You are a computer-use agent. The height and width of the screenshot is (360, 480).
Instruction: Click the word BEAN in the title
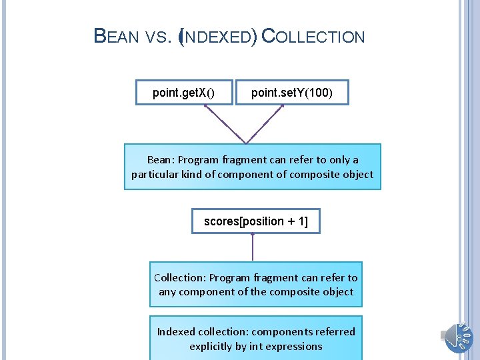coord(116,37)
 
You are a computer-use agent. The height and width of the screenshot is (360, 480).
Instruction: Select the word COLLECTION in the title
coord(313,37)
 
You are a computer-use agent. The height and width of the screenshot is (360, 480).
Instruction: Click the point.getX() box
coord(183,93)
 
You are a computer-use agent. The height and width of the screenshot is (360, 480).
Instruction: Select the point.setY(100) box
coord(291,93)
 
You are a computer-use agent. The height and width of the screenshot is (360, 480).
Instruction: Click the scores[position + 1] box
coord(255,221)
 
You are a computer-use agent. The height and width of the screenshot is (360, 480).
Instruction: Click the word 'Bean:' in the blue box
coord(159,160)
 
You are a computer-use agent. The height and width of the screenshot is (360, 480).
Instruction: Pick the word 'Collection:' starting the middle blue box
coord(180,277)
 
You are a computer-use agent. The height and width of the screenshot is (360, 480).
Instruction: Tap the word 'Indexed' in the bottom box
coord(176,331)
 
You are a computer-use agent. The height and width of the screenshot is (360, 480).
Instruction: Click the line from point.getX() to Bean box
coord(225,123)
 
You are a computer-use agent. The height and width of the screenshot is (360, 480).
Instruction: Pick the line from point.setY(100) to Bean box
coord(266,123)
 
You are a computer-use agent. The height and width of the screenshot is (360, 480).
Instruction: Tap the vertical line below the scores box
coord(253,247)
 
